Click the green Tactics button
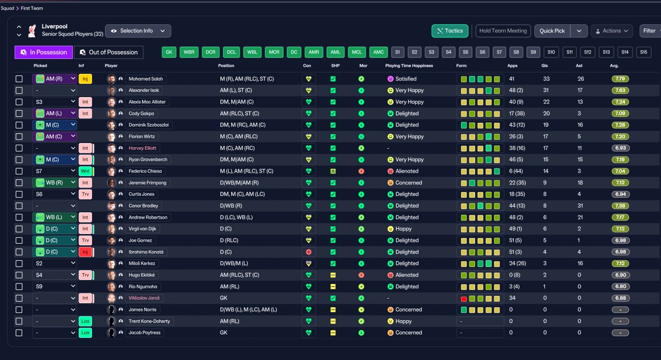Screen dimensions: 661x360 tap(450, 31)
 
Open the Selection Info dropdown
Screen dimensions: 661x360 tap(138, 31)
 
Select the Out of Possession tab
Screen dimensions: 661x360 tap(108, 52)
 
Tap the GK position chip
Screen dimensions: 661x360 tap(169, 52)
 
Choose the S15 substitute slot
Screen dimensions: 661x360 tap(643, 52)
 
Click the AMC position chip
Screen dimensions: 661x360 tap(379, 52)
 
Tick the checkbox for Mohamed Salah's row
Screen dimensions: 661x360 tap(19, 79)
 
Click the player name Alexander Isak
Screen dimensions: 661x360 tap(144, 90)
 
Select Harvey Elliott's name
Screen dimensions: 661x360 tap(142, 148)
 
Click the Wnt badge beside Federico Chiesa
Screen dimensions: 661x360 tap(85, 171)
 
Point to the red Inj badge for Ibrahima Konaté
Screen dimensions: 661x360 tap(85, 252)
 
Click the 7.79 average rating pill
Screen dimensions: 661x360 tap(620, 79)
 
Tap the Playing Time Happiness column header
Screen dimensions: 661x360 tap(409, 66)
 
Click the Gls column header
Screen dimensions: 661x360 tap(544, 66)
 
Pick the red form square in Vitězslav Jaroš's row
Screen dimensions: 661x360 tap(464, 299)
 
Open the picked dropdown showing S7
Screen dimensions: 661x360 tap(55, 171)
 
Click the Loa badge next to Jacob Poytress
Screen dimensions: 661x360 tap(85, 333)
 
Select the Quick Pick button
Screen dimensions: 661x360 tap(552, 31)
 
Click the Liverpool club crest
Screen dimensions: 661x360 tap(32, 30)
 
